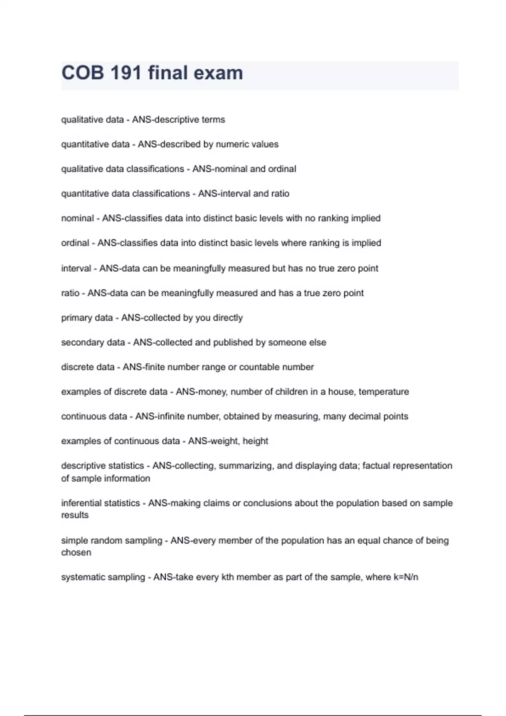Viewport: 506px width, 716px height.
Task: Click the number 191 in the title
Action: [125, 73]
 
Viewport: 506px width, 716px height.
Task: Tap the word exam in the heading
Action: [218, 73]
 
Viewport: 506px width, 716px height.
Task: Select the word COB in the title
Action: [83, 73]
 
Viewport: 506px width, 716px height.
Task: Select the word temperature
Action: [384, 392]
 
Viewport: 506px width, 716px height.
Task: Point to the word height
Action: [256, 441]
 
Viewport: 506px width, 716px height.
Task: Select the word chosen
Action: [76, 553]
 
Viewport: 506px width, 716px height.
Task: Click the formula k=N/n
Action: [406, 577]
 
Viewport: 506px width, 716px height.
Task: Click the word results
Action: [75, 515]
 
